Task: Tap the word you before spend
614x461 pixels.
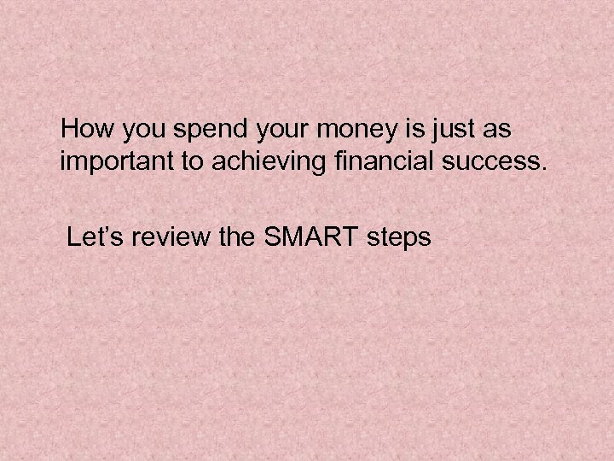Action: pos(138,131)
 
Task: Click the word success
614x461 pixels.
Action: pos(484,162)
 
